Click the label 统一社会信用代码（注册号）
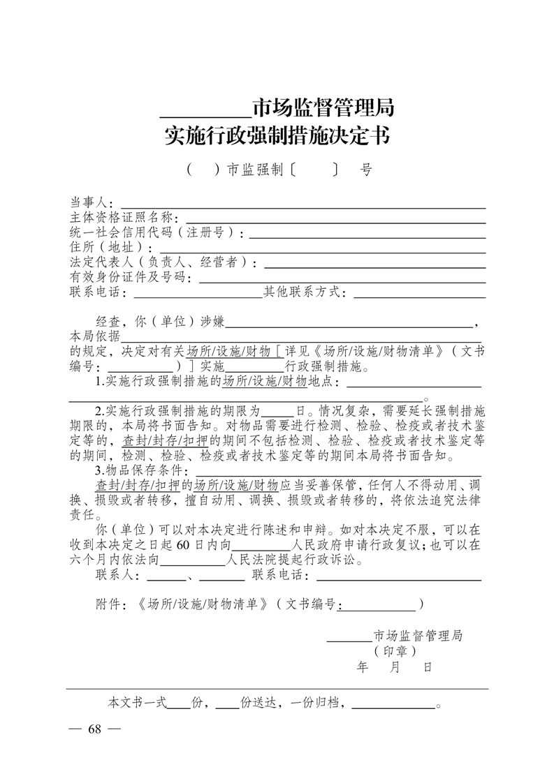[x=156, y=233]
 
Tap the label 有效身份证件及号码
[x=129, y=277]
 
